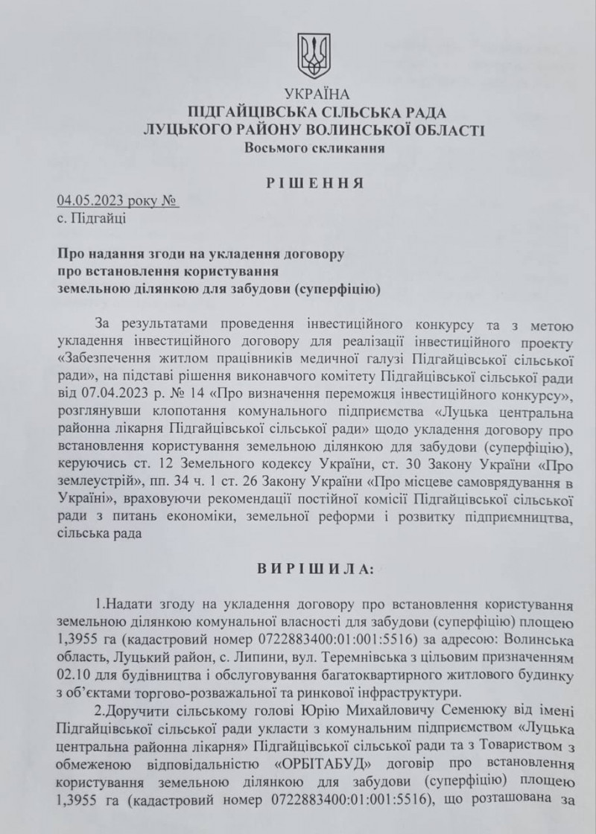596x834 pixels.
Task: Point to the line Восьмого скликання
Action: [314, 148]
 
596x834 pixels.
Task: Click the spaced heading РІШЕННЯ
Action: [315, 182]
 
